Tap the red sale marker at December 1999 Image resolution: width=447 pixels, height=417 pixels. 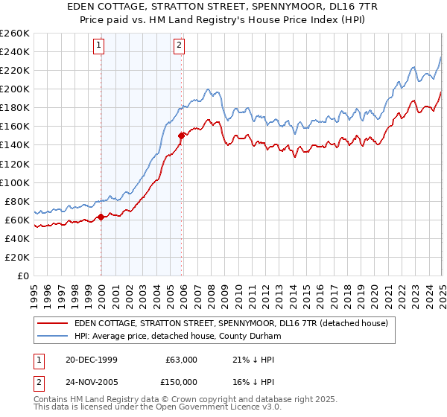[101, 217]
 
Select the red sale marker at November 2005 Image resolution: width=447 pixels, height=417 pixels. [181, 136]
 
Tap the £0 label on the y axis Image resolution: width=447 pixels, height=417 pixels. [23, 276]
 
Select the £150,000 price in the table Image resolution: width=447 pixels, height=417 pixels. [178, 381]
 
